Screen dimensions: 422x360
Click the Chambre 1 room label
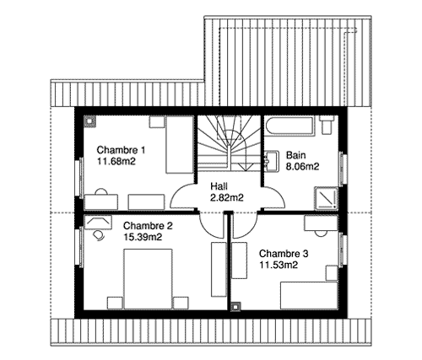click(x=121, y=150)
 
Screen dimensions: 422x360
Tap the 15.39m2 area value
click(x=143, y=237)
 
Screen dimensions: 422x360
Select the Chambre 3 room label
click(x=284, y=254)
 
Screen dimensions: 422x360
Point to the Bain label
click(x=295, y=155)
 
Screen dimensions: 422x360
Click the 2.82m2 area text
click(x=227, y=198)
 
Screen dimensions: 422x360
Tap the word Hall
click(x=219, y=186)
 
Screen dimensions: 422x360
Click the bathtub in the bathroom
click(x=289, y=126)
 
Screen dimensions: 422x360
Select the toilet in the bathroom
click(x=327, y=125)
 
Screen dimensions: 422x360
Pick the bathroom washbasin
click(x=272, y=161)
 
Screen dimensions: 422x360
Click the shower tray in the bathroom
click(x=326, y=198)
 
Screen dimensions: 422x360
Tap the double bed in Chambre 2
click(x=148, y=279)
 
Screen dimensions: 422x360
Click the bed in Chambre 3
click(x=309, y=295)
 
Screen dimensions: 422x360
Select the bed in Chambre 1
click(x=180, y=145)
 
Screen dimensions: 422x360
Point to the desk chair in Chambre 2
click(x=99, y=235)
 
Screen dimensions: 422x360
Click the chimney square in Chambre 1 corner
click(x=89, y=122)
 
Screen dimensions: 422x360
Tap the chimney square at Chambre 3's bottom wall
click(x=235, y=307)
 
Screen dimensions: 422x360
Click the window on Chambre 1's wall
click(x=80, y=178)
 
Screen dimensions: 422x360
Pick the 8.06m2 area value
click(x=303, y=167)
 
